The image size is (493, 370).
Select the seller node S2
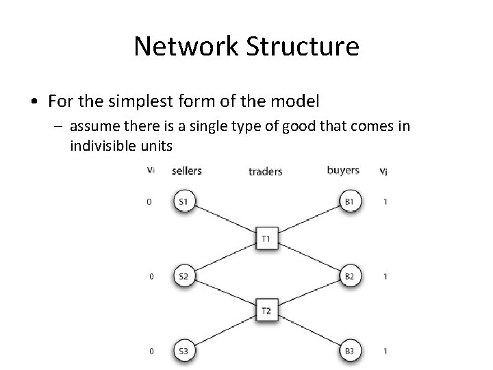tap(183, 277)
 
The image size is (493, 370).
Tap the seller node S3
tap(183, 351)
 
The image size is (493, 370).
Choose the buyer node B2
tap(349, 277)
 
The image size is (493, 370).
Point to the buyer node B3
tap(349, 351)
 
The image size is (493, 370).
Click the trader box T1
tap(266, 239)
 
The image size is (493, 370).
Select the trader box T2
tap(266, 311)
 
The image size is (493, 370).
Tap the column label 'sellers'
tap(187, 171)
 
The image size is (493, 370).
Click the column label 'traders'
tap(265, 171)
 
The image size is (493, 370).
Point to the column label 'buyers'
tap(343, 171)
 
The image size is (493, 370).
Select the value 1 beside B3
tap(385, 351)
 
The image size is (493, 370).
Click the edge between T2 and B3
tap(308, 332)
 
